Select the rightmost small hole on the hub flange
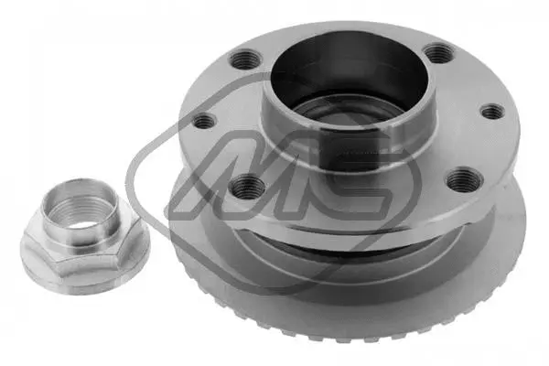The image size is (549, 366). (491, 112)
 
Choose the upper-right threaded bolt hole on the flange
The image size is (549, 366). (438, 54)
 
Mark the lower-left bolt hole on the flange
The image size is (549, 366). (247, 188)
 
